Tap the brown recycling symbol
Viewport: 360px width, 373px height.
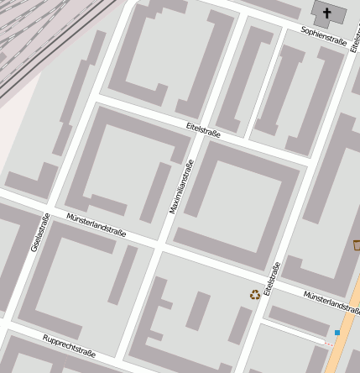pyautogui.click(x=254, y=294)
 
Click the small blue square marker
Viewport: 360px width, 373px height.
pyautogui.click(x=337, y=333)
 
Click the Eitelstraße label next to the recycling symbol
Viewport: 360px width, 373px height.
pyautogui.click(x=270, y=278)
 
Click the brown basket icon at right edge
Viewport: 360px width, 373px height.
pyautogui.click(x=356, y=245)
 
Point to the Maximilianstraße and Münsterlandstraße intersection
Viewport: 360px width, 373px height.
pyautogui.click(x=159, y=245)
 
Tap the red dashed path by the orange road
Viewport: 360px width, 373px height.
pyautogui.click(x=328, y=343)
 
